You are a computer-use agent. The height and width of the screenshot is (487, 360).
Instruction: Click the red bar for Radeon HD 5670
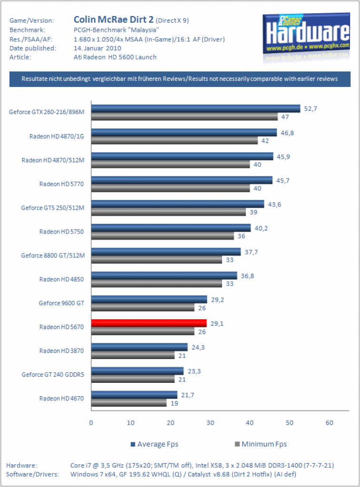pos(149,323)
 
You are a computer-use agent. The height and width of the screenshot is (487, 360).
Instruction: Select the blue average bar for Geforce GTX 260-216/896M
pos(195,108)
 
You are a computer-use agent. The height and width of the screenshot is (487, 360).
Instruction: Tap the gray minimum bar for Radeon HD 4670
pos(129,403)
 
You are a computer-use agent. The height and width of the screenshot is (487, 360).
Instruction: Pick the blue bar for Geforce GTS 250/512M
pos(178,204)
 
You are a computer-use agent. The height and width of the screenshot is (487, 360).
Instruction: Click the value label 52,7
pos(311,109)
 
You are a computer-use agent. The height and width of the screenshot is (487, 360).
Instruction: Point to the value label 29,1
pos(217,323)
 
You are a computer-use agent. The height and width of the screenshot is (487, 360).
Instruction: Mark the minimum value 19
pos(174,403)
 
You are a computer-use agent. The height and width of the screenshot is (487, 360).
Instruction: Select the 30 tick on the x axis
pos(210,423)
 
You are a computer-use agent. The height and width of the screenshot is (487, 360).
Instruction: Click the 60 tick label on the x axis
pos(329,423)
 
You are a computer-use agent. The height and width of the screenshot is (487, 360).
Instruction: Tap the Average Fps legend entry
pos(155,444)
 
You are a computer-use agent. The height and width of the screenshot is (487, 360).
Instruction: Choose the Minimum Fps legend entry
pos(261,444)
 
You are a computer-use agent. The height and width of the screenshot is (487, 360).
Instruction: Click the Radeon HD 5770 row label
pos(61,184)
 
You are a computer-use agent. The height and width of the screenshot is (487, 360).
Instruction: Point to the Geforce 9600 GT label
pos(61,303)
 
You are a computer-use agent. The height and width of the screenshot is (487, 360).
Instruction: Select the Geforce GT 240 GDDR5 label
pos(53,375)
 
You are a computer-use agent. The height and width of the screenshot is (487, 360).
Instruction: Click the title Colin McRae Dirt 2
pos(113,19)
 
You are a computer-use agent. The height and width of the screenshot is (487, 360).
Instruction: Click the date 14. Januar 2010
pos(97,48)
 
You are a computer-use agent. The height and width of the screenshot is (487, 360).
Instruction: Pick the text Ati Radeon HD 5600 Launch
pos(115,57)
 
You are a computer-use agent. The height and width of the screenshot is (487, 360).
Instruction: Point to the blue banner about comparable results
pos(180,79)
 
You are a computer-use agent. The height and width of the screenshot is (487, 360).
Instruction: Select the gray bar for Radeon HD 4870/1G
pos(175,140)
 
